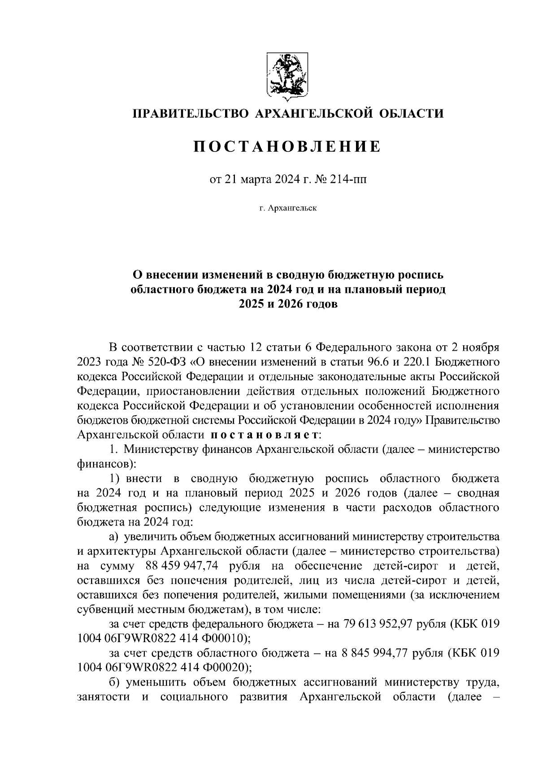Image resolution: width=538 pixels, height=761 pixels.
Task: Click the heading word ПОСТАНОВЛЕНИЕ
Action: point(287,146)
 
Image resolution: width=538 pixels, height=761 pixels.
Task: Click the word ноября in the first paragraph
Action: point(482,348)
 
